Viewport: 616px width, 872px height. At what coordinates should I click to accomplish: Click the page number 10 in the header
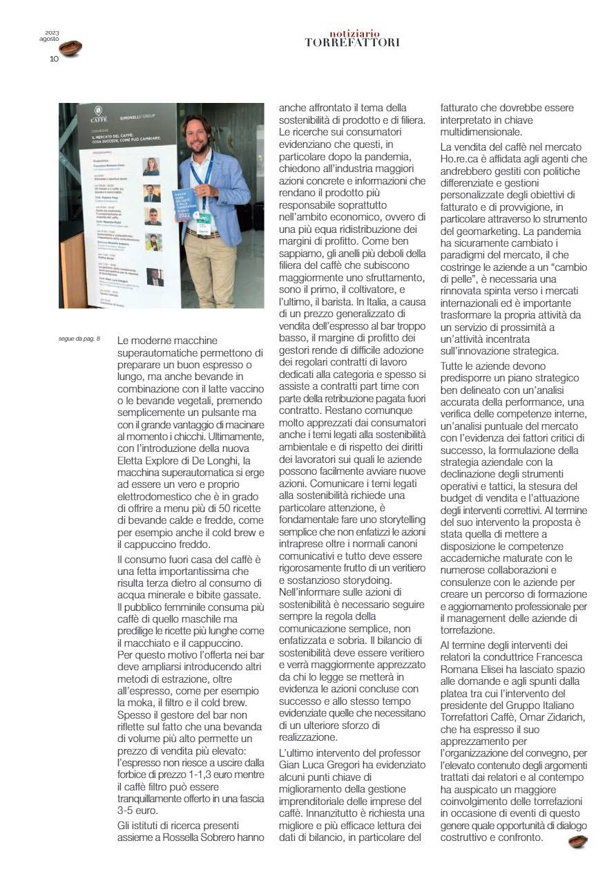coord(54,59)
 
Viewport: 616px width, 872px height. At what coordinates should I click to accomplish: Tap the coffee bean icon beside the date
coord(70,48)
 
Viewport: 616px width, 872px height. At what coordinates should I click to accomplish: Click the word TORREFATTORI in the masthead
coord(352,43)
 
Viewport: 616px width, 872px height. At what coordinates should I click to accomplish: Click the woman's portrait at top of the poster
coord(151,166)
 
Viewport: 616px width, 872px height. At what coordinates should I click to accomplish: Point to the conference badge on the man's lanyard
coord(204,215)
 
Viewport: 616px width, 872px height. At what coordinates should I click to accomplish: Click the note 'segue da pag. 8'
coord(79,339)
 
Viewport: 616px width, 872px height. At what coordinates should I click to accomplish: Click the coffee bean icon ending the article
coord(577,841)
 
